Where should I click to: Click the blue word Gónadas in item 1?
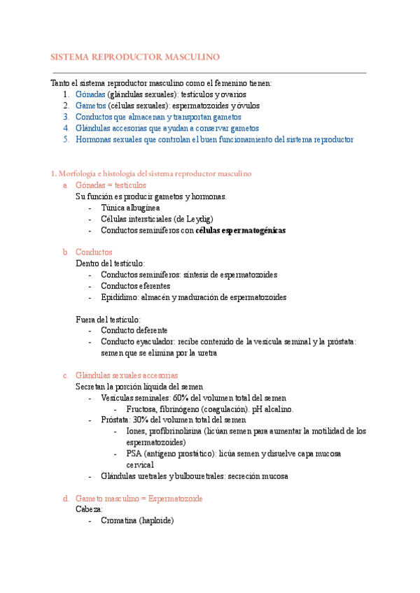coord(90,94)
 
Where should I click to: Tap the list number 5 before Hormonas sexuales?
coord(65,139)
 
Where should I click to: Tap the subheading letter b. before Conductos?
coord(65,252)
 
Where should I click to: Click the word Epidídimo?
coord(119,296)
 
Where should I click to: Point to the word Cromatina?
coord(119,521)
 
